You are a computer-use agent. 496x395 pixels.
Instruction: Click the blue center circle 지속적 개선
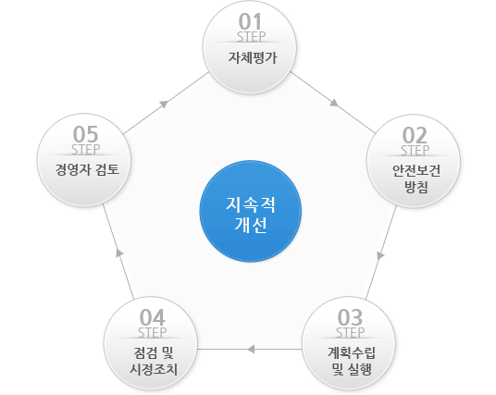coord(251,211)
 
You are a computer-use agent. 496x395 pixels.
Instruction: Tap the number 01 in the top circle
coord(250,21)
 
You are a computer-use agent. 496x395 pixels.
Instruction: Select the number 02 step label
coord(415,135)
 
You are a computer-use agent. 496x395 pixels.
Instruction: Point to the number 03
coord(350,317)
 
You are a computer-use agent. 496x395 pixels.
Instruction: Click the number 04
coord(153,317)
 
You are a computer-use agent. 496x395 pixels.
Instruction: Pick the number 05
coord(85,134)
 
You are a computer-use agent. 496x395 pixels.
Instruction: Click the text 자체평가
coord(253,58)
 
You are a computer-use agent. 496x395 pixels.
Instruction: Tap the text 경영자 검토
coord(87,169)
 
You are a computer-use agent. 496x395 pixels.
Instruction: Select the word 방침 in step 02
coord(416,187)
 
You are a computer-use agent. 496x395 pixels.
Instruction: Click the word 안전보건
coord(416,170)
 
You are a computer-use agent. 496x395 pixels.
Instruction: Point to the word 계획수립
coord(352,352)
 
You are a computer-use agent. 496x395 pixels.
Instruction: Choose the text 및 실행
coord(352,369)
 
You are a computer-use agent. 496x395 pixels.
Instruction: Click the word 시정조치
coord(154,369)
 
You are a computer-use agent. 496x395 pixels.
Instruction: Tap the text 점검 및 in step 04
coord(154,352)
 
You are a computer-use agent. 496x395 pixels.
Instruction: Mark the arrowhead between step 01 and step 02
coord(334,103)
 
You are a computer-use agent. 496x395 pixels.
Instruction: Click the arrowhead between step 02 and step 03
coord(380,255)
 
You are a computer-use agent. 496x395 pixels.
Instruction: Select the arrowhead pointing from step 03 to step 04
coord(251,349)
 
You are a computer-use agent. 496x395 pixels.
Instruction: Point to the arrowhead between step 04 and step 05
coord(119,253)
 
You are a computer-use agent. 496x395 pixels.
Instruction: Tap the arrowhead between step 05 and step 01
coord(164,104)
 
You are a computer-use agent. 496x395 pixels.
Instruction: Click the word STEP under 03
coord(350,333)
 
